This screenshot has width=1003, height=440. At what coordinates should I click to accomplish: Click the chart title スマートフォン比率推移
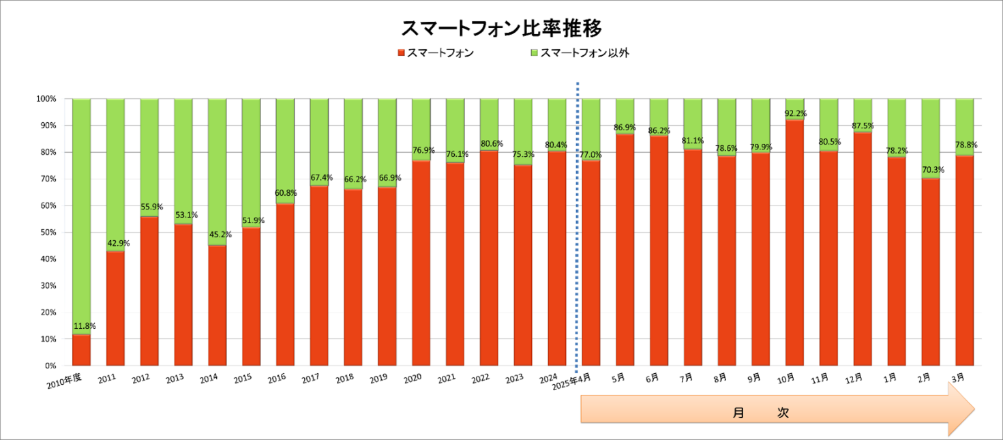[501, 28]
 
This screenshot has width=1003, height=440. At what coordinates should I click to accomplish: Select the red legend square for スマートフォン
[401, 53]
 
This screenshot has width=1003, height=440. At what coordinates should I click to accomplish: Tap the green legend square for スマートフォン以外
[534, 53]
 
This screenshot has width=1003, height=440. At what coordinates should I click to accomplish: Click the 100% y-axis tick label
[46, 99]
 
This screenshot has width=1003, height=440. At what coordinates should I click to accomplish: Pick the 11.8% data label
[85, 326]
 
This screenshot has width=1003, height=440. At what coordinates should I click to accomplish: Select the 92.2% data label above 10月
[796, 113]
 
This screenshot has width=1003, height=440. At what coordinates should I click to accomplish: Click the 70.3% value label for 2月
[933, 169]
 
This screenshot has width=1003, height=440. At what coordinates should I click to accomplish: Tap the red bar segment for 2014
[217, 306]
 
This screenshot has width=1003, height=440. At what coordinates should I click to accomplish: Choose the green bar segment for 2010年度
[82, 216]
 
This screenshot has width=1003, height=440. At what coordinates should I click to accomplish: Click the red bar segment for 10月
[795, 243]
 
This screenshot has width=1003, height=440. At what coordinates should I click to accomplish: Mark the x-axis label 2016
[277, 379]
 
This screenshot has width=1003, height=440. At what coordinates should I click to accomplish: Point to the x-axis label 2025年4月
[571, 381]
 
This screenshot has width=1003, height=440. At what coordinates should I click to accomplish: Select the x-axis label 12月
[854, 379]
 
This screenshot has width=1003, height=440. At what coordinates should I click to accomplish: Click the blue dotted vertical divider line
[578, 227]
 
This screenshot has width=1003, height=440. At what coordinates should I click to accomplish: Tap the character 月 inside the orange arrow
[738, 413]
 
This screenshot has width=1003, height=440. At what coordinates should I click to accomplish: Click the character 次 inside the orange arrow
[783, 413]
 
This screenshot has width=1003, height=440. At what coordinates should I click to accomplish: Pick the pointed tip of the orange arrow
[974, 409]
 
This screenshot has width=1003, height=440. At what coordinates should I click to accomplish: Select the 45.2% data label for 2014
[220, 235]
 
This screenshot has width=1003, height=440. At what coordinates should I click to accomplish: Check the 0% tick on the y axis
[50, 366]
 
